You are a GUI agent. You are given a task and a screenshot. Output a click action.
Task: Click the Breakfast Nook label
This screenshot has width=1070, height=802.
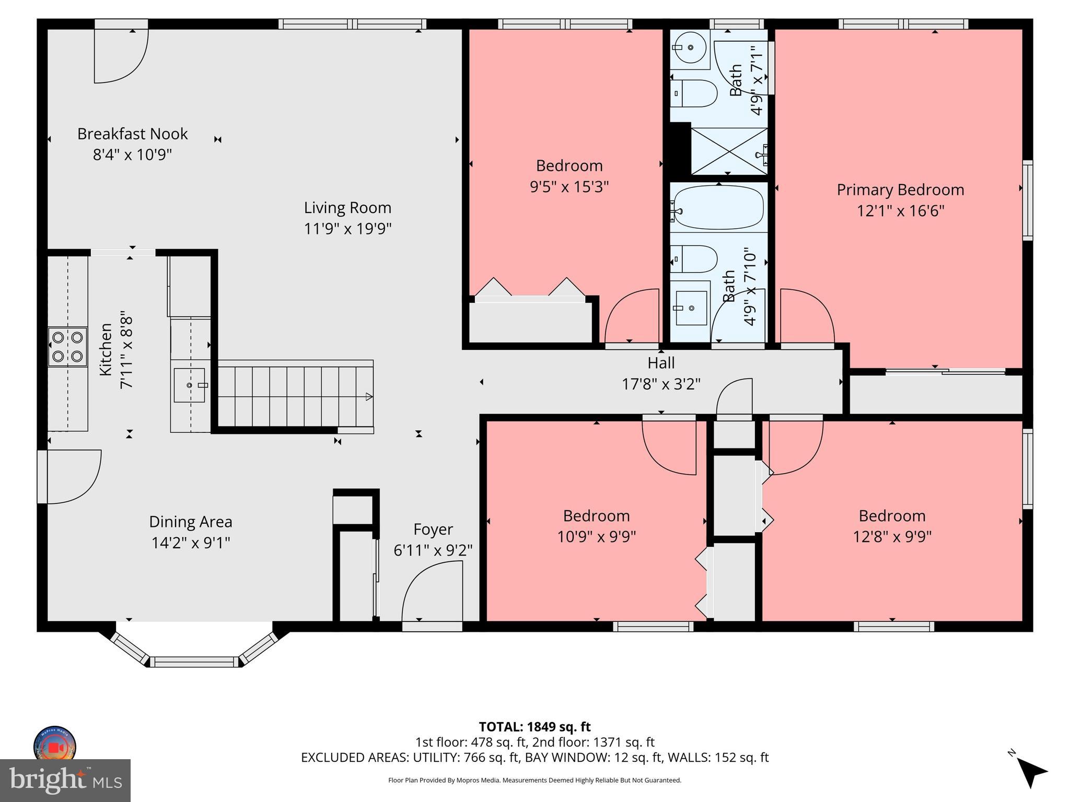pyautogui.click(x=132, y=134)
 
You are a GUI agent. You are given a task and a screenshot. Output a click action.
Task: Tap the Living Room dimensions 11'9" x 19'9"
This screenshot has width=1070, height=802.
pyautogui.click(x=347, y=229)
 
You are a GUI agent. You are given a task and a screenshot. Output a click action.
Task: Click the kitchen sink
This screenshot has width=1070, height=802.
pyautogui.click(x=190, y=385)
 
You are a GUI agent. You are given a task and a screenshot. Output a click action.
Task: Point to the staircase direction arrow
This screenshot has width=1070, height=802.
pyautogui.click(x=368, y=397)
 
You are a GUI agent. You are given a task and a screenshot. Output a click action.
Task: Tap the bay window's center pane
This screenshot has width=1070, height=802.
pyautogui.click(x=195, y=662)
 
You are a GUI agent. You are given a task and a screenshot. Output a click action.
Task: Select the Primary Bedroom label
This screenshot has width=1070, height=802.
pyautogui.click(x=900, y=190)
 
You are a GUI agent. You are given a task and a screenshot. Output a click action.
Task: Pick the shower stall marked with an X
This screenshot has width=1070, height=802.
pyautogui.click(x=729, y=151)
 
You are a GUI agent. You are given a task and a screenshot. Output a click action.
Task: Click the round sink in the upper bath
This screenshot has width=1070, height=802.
pyautogui.click(x=690, y=48)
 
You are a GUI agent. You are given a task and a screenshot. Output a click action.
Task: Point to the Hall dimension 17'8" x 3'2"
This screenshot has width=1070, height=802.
pyautogui.click(x=660, y=384)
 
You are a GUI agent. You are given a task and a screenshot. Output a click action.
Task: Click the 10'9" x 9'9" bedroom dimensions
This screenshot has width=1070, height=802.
pyautogui.click(x=596, y=537)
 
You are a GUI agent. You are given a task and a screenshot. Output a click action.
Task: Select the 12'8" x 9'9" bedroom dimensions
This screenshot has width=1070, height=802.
pyautogui.click(x=892, y=537)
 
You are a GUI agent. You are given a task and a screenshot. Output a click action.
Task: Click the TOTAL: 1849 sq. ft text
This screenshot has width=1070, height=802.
pyautogui.click(x=534, y=727)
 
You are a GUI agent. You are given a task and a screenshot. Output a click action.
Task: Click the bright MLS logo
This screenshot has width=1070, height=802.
pyautogui.click(x=65, y=780)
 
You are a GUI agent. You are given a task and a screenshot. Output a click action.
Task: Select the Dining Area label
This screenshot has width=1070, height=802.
pyautogui.click(x=191, y=522)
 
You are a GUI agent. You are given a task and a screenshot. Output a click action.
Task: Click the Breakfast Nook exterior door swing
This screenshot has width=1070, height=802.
pyautogui.click(x=121, y=56)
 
